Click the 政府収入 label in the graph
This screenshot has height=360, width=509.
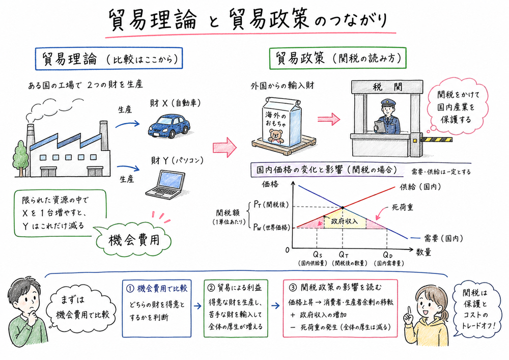pos(342,222)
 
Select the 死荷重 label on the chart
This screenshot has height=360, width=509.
pos(402,207)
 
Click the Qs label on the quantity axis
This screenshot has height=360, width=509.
pos(317,254)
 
